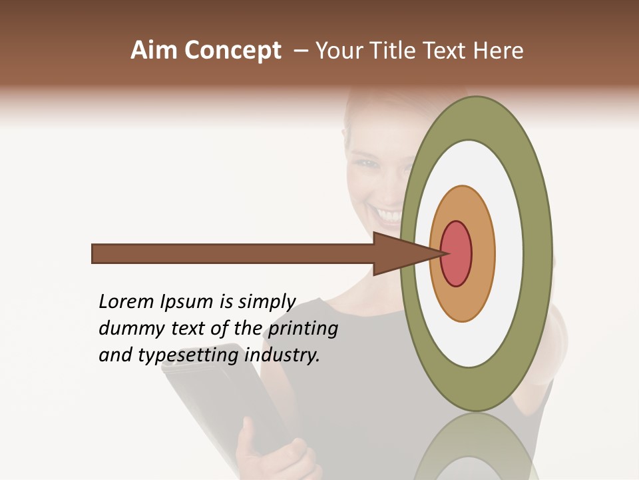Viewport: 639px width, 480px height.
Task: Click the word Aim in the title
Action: pos(155,51)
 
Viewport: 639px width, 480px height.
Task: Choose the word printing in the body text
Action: pos(303,329)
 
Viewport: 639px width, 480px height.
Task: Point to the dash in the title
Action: pos(300,51)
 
